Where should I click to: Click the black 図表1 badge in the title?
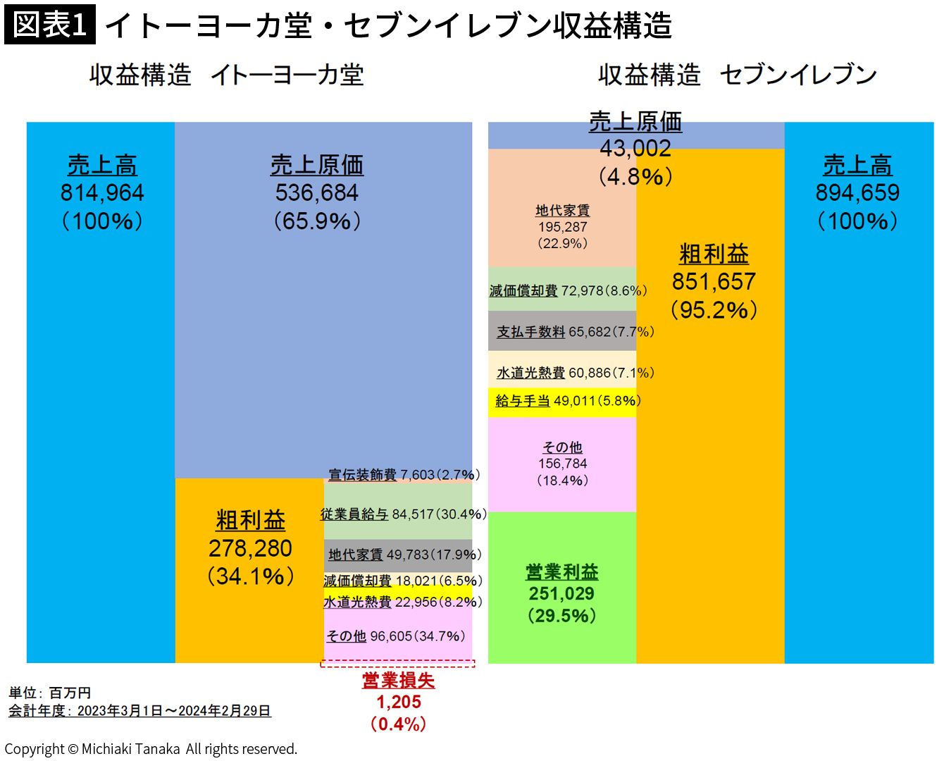tap(49, 25)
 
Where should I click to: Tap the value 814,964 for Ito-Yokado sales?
tap(102, 192)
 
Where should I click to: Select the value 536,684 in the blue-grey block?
tap(316, 192)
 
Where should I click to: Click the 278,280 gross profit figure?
tap(250, 548)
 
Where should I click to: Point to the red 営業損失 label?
tap(398, 680)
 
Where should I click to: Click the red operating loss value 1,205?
tap(398, 702)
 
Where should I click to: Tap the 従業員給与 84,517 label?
tap(403, 514)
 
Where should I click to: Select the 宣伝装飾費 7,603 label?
tap(403, 475)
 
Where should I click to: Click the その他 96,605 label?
tap(395, 636)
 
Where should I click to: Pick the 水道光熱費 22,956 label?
tap(403, 602)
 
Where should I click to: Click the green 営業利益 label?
tap(561, 571)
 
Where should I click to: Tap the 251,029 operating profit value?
tap(561, 593)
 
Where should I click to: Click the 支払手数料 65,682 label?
tap(575, 332)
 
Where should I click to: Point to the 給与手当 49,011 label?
tap(568, 401)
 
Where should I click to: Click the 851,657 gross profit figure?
tap(714, 281)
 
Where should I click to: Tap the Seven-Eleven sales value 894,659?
tap(857, 192)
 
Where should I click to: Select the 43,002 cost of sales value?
tap(635, 148)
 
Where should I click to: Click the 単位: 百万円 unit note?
tap(50, 693)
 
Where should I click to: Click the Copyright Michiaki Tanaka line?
tap(151, 749)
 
